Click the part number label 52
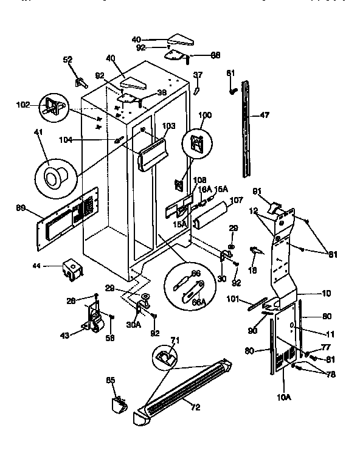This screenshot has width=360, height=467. (x=68, y=60)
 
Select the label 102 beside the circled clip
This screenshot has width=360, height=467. (x=23, y=104)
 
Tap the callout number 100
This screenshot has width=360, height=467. (x=206, y=115)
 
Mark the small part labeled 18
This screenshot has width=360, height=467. (x=255, y=250)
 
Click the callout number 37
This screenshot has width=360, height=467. (x=198, y=75)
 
